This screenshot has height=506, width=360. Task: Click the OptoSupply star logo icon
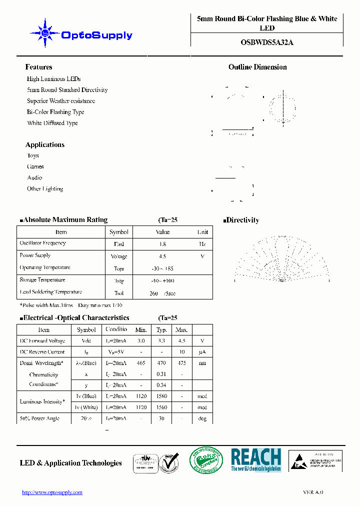pyautogui.click(x=45, y=33)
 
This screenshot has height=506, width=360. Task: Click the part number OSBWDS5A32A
pyautogui.click(x=267, y=42)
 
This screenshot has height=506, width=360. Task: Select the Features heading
pyautogui.click(x=38, y=67)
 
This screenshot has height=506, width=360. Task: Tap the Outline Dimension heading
pyautogui.click(x=257, y=67)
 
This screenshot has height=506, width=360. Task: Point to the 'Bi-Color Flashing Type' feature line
pyautogui.click(x=55, y=112)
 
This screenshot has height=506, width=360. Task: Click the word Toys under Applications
pyautogui.click(x=33, y=155)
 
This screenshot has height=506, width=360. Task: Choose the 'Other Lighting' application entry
pyautogui.click(x=45, y=189)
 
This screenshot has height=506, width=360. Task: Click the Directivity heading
pyautogui.click(x=242, y=220)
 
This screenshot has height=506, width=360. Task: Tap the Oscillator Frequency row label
pyautogui.click(x=42, y=243)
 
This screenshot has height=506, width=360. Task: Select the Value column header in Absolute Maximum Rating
pyautogui.click(x=162, y=232)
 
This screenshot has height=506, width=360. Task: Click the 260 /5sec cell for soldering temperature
pyautogui.click(x=162, y=293)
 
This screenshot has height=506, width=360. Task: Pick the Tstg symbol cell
pyautogui.click(x=118, y=281)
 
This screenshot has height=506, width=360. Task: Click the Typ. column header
pyautogui.click(x=161, y=330)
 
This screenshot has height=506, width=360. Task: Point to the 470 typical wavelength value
pyautogui.click(x=161, y=363)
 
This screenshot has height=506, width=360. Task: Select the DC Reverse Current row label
pyautogui.click(x=42, y=352)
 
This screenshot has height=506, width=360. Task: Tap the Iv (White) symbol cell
pyautogui.click(x=86, y=407)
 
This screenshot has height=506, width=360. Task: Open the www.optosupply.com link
pyautogui.click(x=52, y=492)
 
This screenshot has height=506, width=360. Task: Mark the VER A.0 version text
pyautogui.click(x=313, y=492)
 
